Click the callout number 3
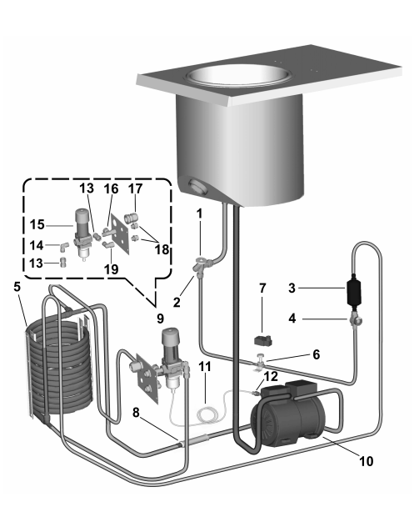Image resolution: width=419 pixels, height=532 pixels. click(x=292, y=289)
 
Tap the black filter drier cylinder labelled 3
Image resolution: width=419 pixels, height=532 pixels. click(x=353, y=292)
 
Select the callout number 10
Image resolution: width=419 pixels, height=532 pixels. click(x=367, y=461)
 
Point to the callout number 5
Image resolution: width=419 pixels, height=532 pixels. click(x=17, y=287)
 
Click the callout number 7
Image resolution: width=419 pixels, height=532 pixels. click(x=262, y=288)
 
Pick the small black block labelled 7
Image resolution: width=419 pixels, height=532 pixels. click(x=263, y=340)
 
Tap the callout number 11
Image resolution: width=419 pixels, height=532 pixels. click(x=204, y=366)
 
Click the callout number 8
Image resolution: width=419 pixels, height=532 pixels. click(x=136, y=413)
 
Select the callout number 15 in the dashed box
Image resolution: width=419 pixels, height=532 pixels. click(x=37, y=224)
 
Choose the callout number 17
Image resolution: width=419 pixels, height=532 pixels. click(x=135, y=188)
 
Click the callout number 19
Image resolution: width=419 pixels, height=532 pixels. click(x=111, y=269)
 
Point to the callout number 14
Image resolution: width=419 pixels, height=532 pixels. click(x=37, y=245)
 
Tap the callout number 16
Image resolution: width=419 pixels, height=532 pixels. click(x=111, y=188)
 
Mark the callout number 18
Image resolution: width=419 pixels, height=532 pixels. click(x=162, y=249)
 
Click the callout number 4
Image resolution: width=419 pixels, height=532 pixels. click(x=292, y=319)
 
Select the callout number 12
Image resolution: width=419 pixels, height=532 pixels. click(x=271, y=376)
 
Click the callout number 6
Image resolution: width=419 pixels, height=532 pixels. click(x=316, y=354)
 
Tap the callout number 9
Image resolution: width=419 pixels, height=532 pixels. click(x=160, y=319)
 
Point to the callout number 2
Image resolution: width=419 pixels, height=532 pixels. click(x=177, y=302)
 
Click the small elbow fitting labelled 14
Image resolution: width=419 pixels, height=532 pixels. click(x=64, y=247)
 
